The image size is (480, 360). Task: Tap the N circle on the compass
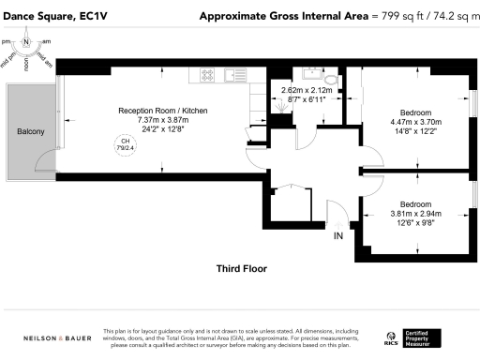pos(26,42)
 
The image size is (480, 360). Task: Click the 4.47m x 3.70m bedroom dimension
pos(415,120)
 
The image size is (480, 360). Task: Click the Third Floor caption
pos(242,268)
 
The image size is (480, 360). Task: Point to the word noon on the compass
pos(26,64)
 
